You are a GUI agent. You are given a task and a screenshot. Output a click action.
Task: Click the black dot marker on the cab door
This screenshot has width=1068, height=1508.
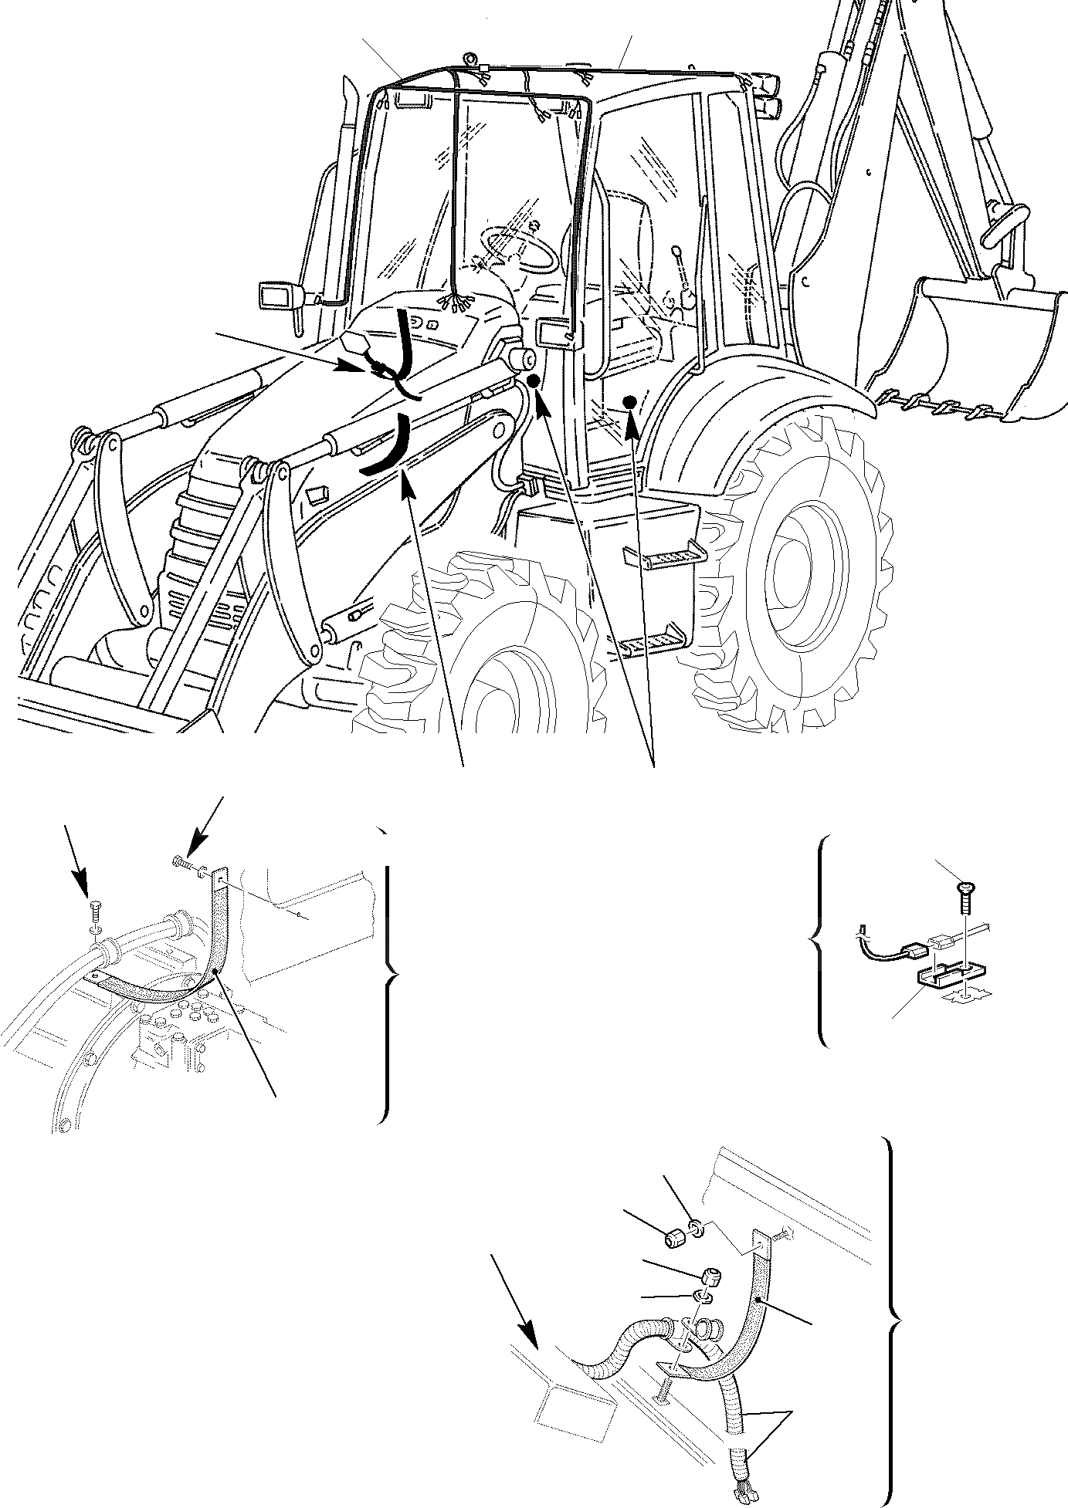629,401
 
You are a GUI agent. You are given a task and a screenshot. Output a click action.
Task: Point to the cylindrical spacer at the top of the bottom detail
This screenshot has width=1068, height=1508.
676,1240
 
